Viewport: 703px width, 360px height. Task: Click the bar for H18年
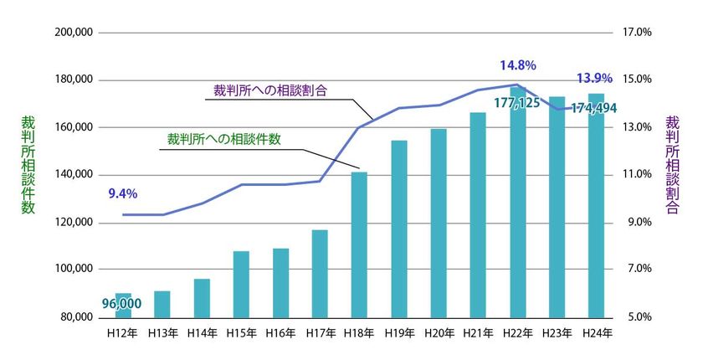(x=359, y=244)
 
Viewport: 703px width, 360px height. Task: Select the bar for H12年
(x=122, y=306)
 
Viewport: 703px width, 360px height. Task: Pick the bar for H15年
(x=241, y=284)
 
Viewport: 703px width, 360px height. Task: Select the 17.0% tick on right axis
(x=638, y=33)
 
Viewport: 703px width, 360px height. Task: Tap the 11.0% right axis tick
(x=638, y=175)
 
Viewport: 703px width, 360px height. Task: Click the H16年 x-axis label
(x=280, y=332)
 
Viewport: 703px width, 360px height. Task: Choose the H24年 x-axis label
(x=597, y=332)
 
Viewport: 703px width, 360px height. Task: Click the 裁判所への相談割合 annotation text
(x=269, y=89)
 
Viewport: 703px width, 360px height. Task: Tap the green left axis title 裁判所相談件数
(x=28, y=165)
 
